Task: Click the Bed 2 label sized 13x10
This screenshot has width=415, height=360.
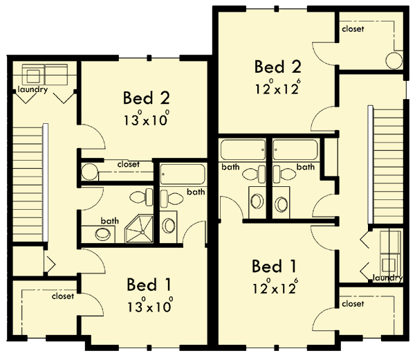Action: (146, 98)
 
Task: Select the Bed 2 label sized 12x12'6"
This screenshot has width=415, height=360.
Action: (277, 67)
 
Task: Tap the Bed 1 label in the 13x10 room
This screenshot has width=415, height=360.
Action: (149, 285)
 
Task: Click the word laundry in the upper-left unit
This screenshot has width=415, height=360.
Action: (33, 90)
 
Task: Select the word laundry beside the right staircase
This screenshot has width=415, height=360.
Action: (387, 278)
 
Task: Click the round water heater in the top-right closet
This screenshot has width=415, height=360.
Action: (395, 60)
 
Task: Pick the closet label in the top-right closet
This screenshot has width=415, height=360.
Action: (353, 29)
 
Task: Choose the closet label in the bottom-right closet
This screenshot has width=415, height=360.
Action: (353, 304)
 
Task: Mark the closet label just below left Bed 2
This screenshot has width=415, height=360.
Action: (128, 165)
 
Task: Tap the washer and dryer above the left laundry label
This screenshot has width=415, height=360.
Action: (45, 73)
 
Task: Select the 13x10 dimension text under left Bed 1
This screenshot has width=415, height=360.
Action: (149, 305)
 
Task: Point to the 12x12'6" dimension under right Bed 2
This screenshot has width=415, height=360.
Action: (277, 88)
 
